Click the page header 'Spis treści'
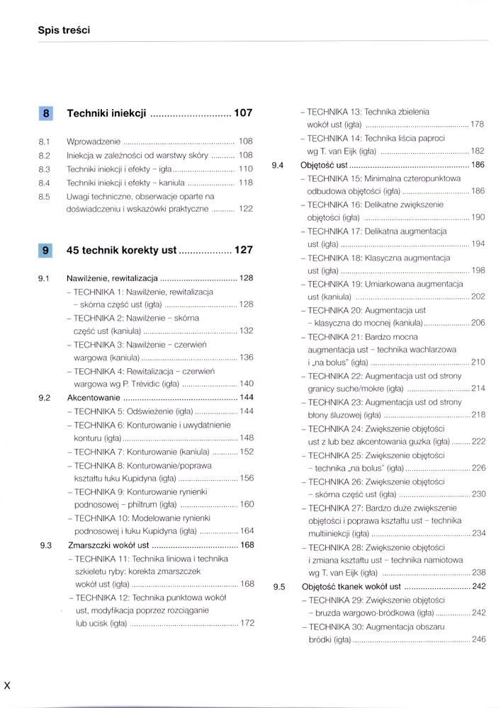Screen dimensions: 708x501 (64, 30)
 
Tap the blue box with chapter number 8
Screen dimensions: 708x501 (46, 113)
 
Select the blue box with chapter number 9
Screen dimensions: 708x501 (46, 250)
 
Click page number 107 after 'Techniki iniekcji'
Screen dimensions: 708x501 (243, 113)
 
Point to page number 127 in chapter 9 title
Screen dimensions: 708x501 (243, 250)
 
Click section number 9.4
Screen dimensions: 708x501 (278, 165)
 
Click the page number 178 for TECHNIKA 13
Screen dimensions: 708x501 (478, 125)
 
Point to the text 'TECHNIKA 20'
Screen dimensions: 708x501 (333, 310)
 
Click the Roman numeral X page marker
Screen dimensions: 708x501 (7, 685)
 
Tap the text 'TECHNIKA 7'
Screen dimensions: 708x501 (98, 451)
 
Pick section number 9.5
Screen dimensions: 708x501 (278, 587)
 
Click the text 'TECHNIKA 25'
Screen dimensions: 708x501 (333, 455)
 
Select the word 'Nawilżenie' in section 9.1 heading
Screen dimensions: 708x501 (87, 278)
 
